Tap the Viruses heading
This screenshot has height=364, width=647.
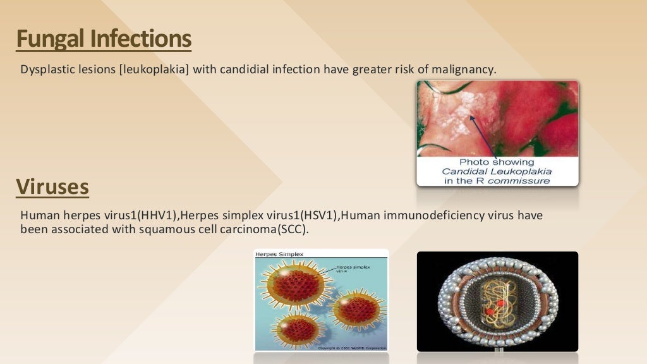click(x=52, y=187)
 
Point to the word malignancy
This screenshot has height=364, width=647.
click(x=463, y=69)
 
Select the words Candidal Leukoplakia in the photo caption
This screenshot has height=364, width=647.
click(x=497, y=171)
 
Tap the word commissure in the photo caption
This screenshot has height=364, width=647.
click(x=524, y=181)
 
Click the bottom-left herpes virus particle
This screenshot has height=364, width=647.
click(x=297, y=327)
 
